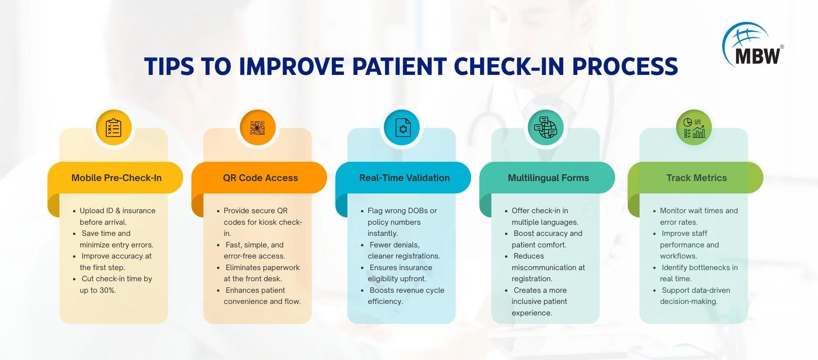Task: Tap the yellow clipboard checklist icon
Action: tap(113, 128)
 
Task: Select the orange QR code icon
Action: tap(257, 128)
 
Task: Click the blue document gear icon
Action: tap(402, 128)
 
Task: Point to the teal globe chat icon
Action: tap(546, 128)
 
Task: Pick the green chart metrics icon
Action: tap(694, 128)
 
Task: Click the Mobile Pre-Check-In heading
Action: tap(116, 178)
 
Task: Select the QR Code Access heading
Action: tap(260, 178)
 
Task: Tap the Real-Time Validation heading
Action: tap(404, 178)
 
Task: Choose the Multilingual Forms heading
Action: tap(548, 178)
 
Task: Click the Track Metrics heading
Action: tap(696, 178)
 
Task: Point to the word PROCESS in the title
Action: tap(625, 66)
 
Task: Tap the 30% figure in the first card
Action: tap(107, 290)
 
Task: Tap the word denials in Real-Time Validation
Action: tap(407, 245)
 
